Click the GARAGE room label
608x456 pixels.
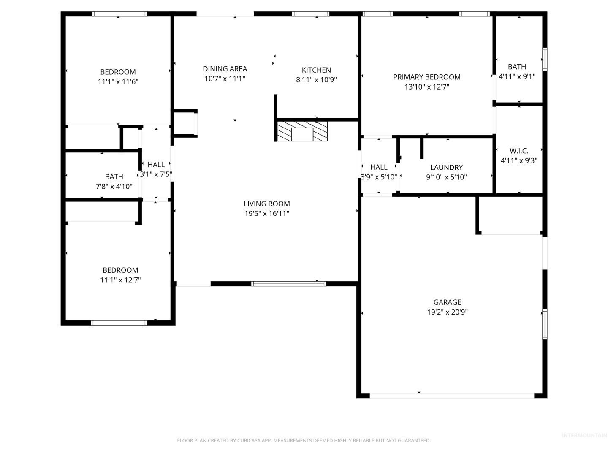[447, 302]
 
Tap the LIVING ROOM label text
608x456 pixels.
[267, 204]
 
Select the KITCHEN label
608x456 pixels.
[316, 70]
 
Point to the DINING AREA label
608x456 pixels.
[225, 69]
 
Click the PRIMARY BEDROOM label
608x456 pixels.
[427, 77]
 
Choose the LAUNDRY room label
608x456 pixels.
[447, 167]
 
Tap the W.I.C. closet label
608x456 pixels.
[519, 151]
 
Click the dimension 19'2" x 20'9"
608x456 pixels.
[447, 312]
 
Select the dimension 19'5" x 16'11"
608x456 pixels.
[267, 214]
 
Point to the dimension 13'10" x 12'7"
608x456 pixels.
[427, 87]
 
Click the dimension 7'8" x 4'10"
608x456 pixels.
[114, 186]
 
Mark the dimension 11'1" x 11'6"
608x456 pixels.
[118, 81]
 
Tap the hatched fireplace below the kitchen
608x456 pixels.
[302, 131]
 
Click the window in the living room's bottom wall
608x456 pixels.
[289, 283]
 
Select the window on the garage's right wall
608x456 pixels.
[545, 324]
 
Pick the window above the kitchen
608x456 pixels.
[310, 14]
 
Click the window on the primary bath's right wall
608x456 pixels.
[545, 59]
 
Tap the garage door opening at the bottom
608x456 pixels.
[452, 396]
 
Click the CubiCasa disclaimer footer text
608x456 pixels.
[304, 440]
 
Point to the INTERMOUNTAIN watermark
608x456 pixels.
[584, 435]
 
